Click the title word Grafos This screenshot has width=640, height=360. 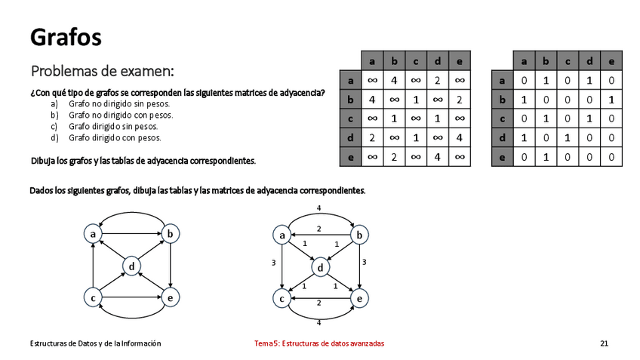tap(66, 35)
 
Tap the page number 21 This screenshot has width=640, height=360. tap(604, 343)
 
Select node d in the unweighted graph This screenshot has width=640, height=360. tap(131, 266)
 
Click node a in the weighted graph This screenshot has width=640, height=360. tap(282, 235)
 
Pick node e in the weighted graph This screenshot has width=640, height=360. tap(360, 299)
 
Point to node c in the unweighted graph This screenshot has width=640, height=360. tap(93, 299)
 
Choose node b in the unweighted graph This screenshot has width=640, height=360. tap(171, 235)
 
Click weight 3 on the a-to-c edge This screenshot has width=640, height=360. tap(273, 263)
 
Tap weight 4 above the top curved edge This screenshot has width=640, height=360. tap(319, 207)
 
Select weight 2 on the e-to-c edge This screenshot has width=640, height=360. tap(318, 303)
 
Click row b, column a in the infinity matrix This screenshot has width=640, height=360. tap(372, 99)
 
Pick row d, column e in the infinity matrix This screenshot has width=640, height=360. tap(459, 138)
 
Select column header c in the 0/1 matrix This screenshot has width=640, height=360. tap(568, 60)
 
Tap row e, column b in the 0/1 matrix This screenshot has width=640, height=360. tap(546, 158)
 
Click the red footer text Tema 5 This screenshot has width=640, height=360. tap(319, 343)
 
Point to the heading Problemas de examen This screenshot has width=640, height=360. tap(103, 72)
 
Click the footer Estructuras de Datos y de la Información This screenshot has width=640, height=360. tap(95, 343)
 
